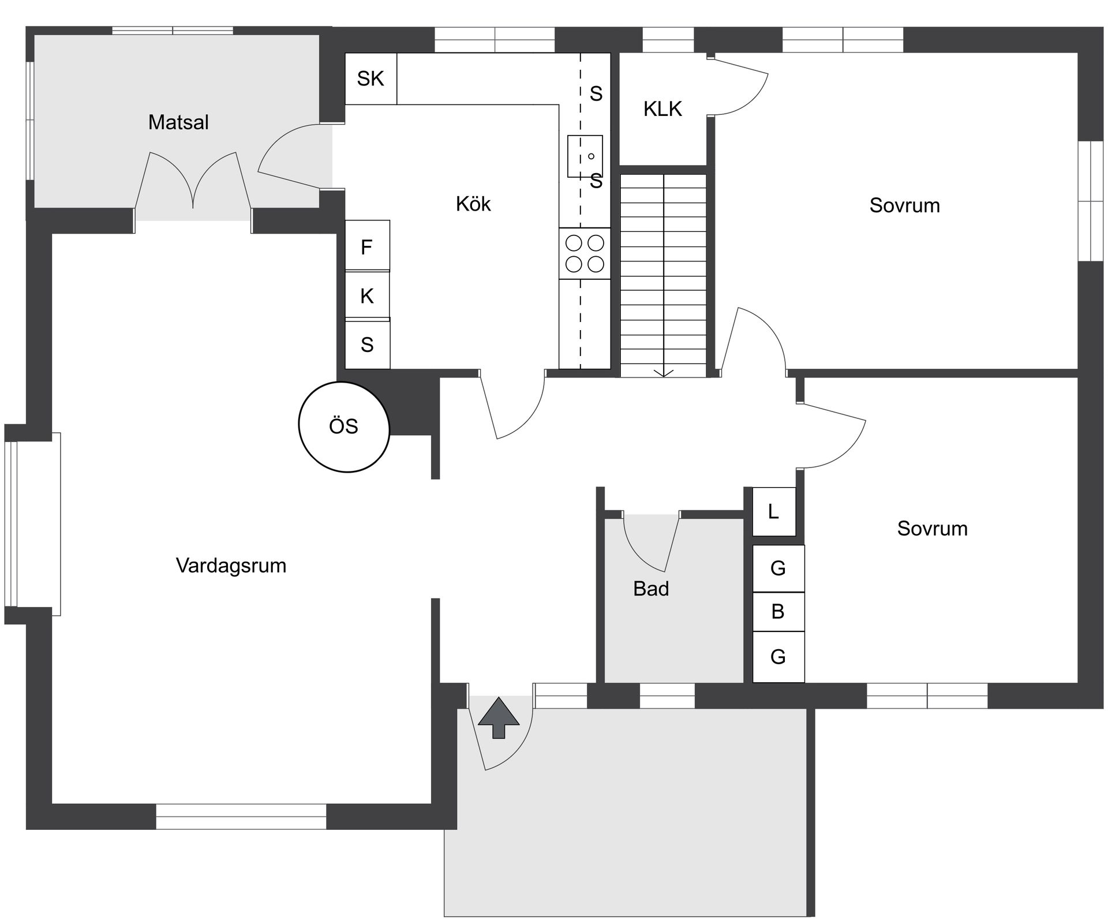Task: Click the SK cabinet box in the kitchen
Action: (x=370, y=78)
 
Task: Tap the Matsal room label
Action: (x=178, y=122)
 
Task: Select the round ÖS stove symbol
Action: (x=344, y=426)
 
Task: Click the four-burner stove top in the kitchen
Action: (x=585, y=253)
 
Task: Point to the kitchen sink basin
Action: (x=585, y=156)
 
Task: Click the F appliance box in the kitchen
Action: (x=367, y=246)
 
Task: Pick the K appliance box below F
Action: (x=367, y=295)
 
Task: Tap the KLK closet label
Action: (x=662, y=108)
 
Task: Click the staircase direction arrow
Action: (x=664, y=372)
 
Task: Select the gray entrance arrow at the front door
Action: (x=499, y=717)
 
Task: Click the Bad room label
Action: (x=651, y=589)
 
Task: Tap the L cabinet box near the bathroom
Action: (x=774, y=511)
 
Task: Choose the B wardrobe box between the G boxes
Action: (x=778, y=611)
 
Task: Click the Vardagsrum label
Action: (x=231, y=566)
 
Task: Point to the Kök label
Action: (x=473, y=204)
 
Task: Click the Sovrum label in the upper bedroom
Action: (x=904, y=205)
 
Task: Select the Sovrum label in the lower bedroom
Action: (x=932, y=529)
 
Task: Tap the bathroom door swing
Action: (x=651, y=542)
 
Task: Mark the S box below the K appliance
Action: (x=367, y=345)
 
